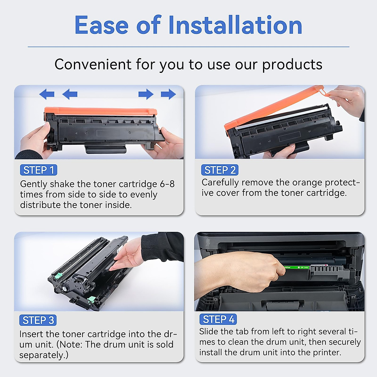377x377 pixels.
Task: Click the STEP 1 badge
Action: coord(38,170)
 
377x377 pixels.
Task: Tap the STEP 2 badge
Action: coord(220,170)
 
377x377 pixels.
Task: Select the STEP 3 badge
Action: coord(38,320)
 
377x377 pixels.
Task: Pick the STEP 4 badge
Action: coord(218,319)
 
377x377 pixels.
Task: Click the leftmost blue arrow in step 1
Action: coord(47,94)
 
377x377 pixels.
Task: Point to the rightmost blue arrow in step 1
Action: coord(168,94)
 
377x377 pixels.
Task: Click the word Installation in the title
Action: coord(235,25)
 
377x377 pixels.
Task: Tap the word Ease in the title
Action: coord(101,25)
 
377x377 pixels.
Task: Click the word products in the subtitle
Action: coord(292,64)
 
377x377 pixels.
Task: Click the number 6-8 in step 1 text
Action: coord(167,184)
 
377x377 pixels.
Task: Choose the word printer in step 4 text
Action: coord(327,352)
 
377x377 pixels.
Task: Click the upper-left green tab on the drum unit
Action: coord(57,276)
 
